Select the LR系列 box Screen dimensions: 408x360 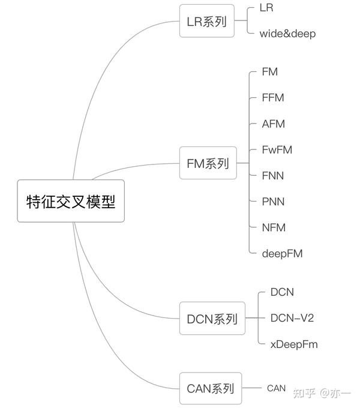point(207,22)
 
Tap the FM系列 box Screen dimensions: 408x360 point(208,163)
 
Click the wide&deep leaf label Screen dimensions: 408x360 point(287,34)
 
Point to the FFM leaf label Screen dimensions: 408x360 point(273,98)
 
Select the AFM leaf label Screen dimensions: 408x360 point(274,124)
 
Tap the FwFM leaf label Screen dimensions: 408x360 point(277,150)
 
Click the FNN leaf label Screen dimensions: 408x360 point(273,176)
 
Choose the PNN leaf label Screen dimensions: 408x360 point(273,202)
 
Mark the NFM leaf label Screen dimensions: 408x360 point(274,227)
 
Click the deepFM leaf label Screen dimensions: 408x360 point(282,254)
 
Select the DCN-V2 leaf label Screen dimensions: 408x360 point(292,318)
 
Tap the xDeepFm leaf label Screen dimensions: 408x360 point(294,344)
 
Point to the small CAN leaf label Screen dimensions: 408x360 point(277,388)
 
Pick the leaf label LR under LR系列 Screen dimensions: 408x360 point(266,8)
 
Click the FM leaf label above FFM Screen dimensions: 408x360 point(270,72)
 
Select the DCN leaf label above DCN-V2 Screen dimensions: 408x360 point(282,292)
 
